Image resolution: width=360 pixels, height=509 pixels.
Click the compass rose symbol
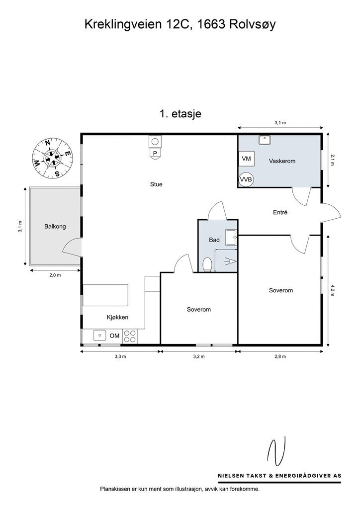(x=52, y=158)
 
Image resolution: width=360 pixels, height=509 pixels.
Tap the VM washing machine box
(x=247, y=159)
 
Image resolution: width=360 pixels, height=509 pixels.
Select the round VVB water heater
(x=246, y=179)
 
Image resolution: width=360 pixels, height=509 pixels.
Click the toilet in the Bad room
(x=207, y=264)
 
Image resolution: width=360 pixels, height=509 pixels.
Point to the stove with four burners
(x=130, y=336)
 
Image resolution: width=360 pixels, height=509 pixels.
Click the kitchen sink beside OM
(x=100, y=335)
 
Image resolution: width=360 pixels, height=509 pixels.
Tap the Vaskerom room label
(x=282, y=161)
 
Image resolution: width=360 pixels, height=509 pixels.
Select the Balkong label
(x=55, y=226)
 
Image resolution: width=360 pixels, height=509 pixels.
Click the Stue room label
(x=156, y=184)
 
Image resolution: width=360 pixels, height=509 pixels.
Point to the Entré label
(x=280, y=213)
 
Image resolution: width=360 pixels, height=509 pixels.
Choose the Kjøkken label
(x=117, y=318)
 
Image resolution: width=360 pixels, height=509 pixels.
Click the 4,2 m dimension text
(x=332, y=290)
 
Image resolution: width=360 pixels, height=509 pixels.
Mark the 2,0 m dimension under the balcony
(x=55, y=275)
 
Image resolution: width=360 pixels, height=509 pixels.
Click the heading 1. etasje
(x=180, y=114)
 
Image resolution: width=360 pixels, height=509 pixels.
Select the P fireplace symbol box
(x=156, y=153)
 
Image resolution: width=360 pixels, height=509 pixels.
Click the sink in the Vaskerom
(x=265, y=140)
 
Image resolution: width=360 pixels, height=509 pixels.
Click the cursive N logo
(x=276, y=451)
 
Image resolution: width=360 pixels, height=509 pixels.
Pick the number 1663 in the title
(x=211, y=25)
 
